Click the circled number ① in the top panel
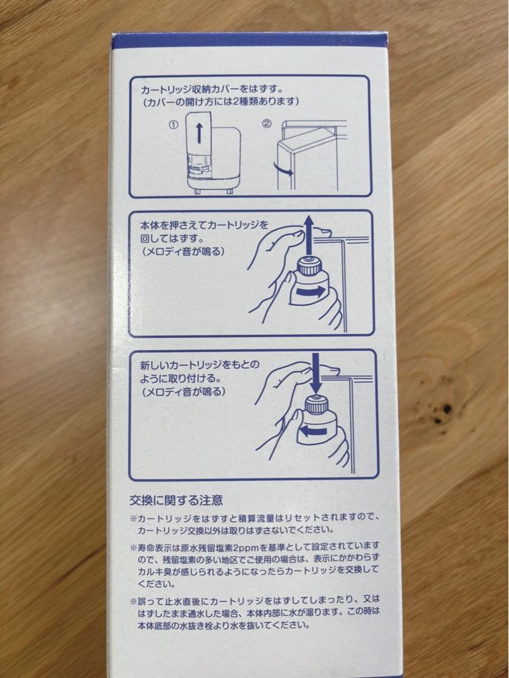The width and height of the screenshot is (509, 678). pyautogui.click(x=173, y=124)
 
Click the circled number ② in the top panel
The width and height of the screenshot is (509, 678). pyautogui.click(x=266, y=124)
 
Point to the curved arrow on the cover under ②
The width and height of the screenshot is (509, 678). pyautogui.click(x=284, y=170)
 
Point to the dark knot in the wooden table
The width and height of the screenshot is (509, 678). pyautogui.click(x=446, y=409)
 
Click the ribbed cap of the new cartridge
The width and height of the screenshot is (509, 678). pyautogui.click(x=316, y=406)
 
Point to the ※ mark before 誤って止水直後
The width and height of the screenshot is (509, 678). pyautogui.click(x=133, y=599)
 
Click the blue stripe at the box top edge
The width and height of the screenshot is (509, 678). pyautogui.click(x=251, y=40)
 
